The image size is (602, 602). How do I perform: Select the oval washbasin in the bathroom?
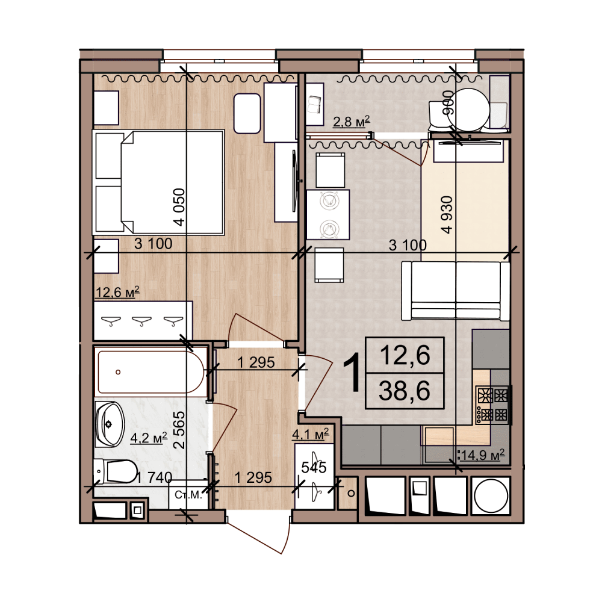click(x=110, y=424)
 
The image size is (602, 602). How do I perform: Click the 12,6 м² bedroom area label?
click(x=117, y=292)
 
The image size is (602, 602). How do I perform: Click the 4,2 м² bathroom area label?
click(x=149, y=437)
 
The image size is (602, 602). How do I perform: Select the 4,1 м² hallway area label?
click(x=311, y=434)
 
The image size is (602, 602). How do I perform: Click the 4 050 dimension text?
click(x=179, y=207)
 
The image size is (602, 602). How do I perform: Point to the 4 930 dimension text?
click(x=447, y=215)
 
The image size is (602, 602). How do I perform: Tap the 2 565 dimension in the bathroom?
click(x=179, y=430)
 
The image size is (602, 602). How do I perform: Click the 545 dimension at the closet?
click(x=314, y=467)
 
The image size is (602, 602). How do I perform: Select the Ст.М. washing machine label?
click(x=188, y=495)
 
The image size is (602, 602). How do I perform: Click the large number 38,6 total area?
click(x=405, y=391)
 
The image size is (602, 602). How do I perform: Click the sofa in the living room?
click(x=456, y=291)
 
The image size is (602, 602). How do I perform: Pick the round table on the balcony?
click(x=468, y=110)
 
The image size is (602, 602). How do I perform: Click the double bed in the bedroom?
click(x=158, y=182)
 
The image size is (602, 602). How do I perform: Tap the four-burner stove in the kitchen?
click(x=492, y=405)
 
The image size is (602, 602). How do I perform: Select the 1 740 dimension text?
click(x=154, y=477)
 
